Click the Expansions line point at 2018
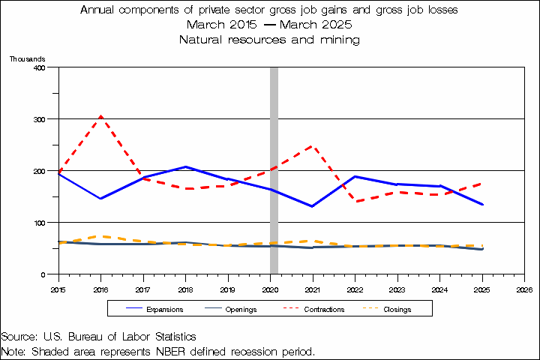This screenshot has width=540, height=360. tap(186, 167)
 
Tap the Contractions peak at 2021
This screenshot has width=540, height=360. tap(313, 146)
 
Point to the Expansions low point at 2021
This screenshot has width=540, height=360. tap(313, 206)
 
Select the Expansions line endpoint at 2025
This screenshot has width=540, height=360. tap(482, 205)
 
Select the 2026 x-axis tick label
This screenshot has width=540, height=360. tap(524, 288)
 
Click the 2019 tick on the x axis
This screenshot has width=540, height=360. tap(228, 288)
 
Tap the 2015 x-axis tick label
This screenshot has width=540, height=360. tap(58, 288)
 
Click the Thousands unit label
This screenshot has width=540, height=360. tap(27, 58)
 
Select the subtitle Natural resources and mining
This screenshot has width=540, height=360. tap(270, 39)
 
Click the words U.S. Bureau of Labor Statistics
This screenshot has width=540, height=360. tap(120, 337)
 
